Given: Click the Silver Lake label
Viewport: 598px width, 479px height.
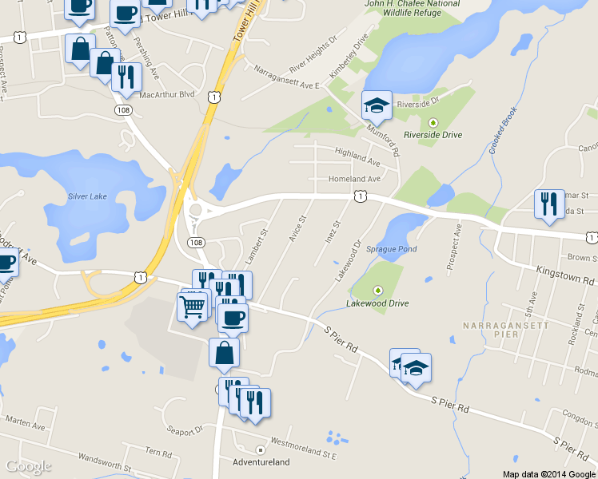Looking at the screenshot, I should [87, 196].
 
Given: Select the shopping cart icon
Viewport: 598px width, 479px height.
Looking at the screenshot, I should [193, 306].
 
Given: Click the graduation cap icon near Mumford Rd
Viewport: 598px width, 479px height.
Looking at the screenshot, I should [377, 104].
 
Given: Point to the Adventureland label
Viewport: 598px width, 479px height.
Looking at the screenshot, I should [259, 462].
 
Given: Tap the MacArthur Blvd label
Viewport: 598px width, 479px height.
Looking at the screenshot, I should [167, 94].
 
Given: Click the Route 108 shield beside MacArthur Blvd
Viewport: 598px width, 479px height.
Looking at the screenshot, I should [122, 109].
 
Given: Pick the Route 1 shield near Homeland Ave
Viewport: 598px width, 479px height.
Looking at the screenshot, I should [361, 196].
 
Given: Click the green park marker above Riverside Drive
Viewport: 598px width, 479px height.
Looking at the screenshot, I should [433, 122].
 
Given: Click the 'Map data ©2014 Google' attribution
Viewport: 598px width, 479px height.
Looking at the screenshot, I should [548, 474].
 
